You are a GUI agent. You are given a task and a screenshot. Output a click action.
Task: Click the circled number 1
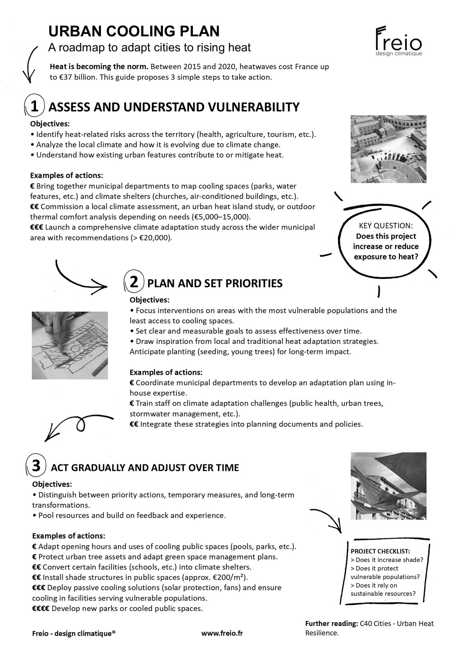coord(35,106)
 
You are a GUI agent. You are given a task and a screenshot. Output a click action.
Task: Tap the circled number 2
coord(134,282)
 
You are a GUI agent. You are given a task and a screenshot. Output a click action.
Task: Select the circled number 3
coord(36,466)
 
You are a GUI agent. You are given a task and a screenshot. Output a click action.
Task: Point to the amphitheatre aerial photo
coord(388,149)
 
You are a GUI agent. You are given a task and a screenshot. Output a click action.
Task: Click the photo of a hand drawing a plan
coord(70,345)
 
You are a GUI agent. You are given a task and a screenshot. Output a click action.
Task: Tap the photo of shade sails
coord(388,486)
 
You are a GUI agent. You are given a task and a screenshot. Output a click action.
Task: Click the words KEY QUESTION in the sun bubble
coord(386,226)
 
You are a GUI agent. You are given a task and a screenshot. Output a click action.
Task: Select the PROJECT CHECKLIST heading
coord(380,551)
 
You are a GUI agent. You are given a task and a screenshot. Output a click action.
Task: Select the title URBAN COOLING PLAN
coord(134,32)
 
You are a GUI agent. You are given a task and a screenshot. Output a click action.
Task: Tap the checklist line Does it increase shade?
coord(387,560)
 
